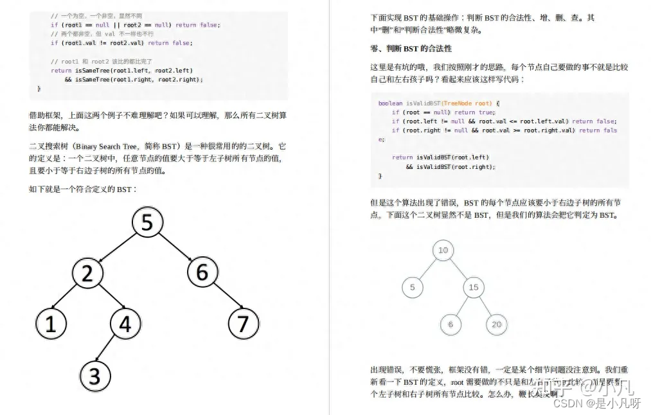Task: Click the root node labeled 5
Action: click(x=147, y=222)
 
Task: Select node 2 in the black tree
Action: click(x=87, y=273)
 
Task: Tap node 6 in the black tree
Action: click(x=202, y=272)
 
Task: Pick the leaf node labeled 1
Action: click(x=51, y=324)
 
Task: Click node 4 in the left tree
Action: click(x=125, y=324)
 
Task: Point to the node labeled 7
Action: click(x=243, y=324)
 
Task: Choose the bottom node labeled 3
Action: click(x=95, y=376)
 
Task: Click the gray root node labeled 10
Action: click(x=443, y=251)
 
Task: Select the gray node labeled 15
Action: click(x=474, y=287)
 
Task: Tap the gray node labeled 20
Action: click(x=497, y=324)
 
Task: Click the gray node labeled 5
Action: click(x=413, y=287)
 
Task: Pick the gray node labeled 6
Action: click(x=450, y=324)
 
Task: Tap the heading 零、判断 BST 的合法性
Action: click(x=411, y=48)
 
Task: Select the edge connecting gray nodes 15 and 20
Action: click(x=485, y=306)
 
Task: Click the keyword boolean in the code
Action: click(x=391, y=103)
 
